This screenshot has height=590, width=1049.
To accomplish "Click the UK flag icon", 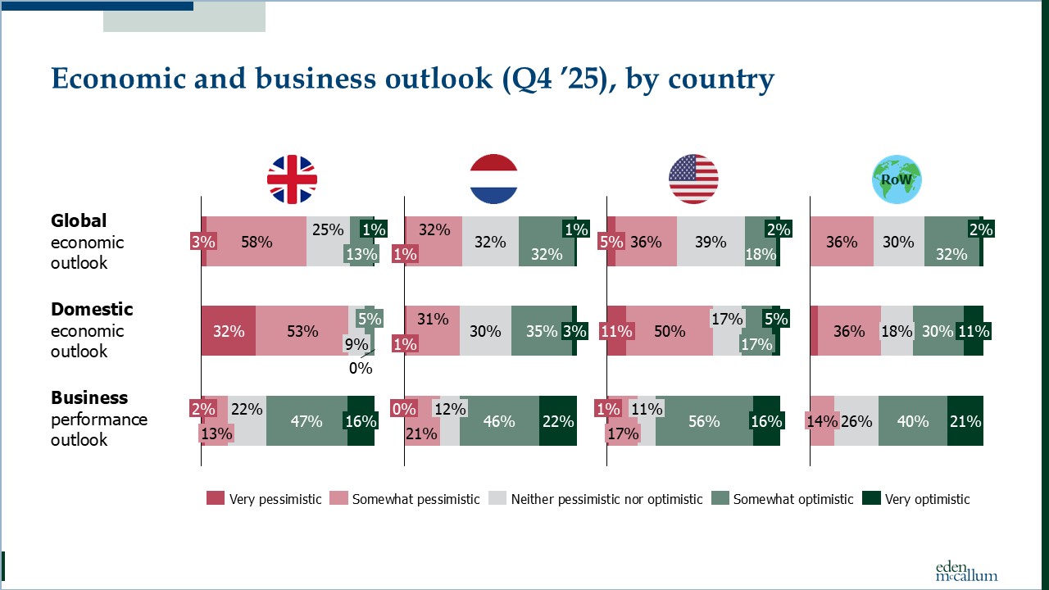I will [x=292, y=179].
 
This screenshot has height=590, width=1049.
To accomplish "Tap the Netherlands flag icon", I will [x=493, y=179].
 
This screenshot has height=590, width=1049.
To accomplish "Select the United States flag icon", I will [x=693, y=179].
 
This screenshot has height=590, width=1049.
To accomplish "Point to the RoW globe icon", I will [x=897, y=179].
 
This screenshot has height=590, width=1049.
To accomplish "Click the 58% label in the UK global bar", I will [x=257, y=242].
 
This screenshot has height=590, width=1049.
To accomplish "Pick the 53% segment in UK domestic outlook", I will [x=302, y=331].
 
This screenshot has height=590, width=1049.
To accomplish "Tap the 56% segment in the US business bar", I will [x=704, y=421].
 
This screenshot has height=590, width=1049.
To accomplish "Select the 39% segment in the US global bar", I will [x=711, y=242].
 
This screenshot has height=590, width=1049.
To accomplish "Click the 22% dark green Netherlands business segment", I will [x=557, y=421].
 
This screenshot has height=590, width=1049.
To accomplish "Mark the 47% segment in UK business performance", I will [x=307, y=421].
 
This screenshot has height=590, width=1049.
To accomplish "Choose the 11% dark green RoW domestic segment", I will [x=974, y=331].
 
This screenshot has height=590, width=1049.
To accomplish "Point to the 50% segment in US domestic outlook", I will [x=670, y=331].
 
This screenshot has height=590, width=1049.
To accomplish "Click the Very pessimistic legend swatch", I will [x=215, y=498].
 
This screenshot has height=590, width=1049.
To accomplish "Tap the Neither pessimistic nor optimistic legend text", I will [x=606, y=499].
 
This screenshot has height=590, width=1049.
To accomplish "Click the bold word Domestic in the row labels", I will [x=92, y=310].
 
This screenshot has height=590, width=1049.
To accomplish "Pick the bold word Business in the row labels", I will [x=89, y=398].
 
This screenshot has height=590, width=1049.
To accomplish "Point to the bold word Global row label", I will [x=79, y=221].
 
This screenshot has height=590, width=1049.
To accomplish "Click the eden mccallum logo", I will [x=966, y=571].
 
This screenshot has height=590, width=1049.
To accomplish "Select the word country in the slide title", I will [x=721, y=79].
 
